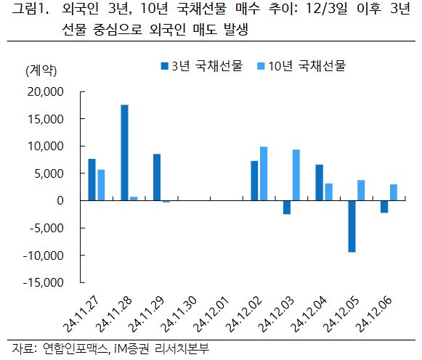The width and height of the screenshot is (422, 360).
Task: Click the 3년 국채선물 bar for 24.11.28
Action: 124,152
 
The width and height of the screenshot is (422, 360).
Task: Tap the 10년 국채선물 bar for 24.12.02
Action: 263,173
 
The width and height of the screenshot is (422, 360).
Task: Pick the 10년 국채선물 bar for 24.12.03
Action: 296,175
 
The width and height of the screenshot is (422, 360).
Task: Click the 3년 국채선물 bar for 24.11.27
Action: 92,179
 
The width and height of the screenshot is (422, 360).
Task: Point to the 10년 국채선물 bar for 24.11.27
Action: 100,184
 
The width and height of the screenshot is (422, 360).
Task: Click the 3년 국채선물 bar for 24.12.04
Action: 320,182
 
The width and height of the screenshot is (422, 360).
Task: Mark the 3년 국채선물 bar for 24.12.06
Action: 384,206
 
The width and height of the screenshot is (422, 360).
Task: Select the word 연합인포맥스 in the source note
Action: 75,349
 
